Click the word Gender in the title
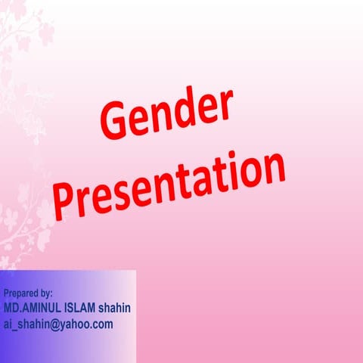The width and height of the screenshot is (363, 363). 165,112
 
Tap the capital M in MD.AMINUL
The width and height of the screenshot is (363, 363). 8,309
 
